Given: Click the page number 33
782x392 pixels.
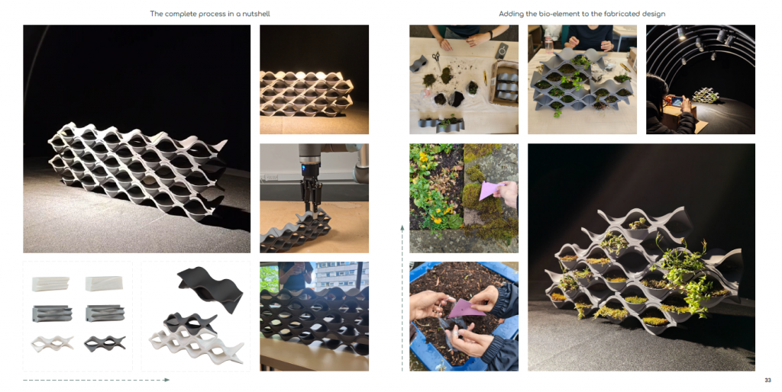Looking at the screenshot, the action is coord(767,381).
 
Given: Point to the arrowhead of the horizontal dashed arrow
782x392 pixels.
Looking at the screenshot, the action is coord(167,380).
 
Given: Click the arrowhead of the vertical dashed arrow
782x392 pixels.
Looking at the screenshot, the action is coord(402,228).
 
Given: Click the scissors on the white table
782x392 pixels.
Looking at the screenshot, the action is coord(436,59).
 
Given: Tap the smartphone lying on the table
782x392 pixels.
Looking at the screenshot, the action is coord(500,50).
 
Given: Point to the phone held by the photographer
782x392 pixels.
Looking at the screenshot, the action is coord(677,101).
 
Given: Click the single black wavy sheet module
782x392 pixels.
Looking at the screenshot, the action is coord(211,288).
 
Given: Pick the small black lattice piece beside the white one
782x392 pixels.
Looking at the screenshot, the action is coord(105,342).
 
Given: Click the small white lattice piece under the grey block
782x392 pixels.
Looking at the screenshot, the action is coord(53,342).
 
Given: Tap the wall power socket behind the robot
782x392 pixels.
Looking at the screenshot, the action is coord(273,178).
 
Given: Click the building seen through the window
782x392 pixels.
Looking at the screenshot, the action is coord(341,275).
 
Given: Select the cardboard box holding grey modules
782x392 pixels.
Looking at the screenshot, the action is coord(504,83).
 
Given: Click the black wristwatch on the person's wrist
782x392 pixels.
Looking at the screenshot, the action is coord(490,35).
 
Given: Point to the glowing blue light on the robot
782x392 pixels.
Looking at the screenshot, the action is coord(303,167).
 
